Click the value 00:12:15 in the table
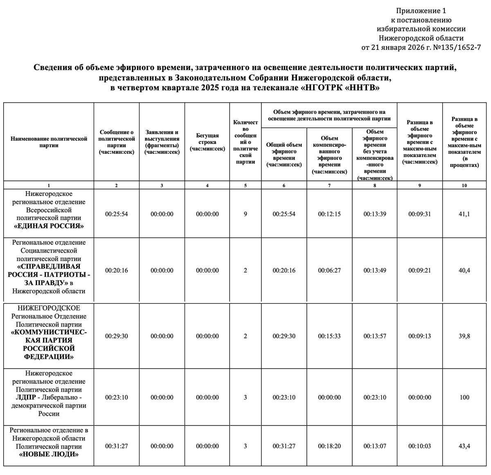(x=329, y=214)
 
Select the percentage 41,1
(x=464, y=214)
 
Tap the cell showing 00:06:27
(x=329, y=270)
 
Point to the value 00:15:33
(x=329, y=336)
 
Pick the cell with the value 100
(x=464, y=397)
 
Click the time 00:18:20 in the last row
(x=329, y=446)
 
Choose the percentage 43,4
(x=464, y=446)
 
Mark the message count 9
(x=245, y=214)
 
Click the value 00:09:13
(x=419, y=336)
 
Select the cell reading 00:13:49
(x=375, y=270)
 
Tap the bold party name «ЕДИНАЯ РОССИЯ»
(x=49, y=226)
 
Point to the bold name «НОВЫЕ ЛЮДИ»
(x=49, y=455)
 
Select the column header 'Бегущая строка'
(x=207, y=142)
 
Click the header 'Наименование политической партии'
(x=49, y=142)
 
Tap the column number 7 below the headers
(x=329, y=186)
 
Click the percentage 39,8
(x=464, y=336)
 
